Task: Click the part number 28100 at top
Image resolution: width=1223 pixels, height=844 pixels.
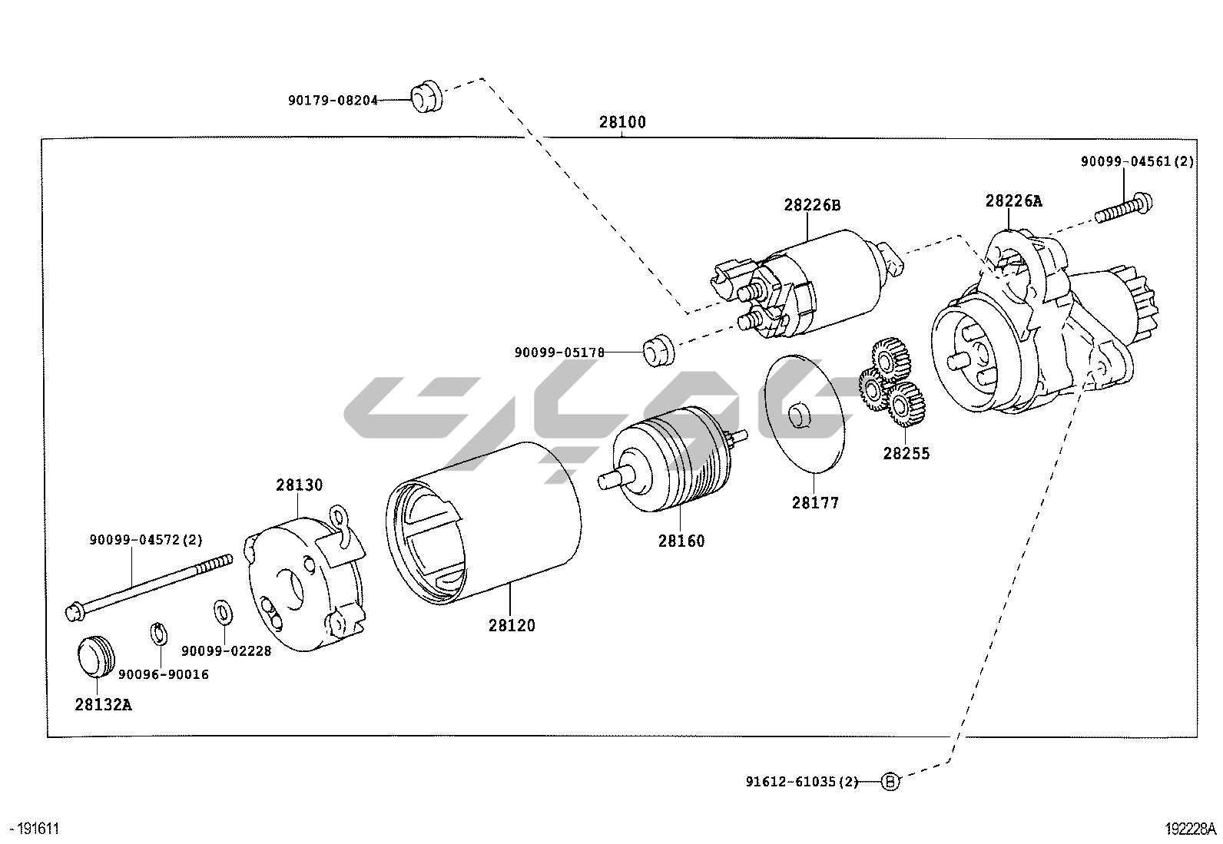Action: tap(622, 122)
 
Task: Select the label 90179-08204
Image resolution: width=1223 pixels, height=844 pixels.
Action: tap(333, 101)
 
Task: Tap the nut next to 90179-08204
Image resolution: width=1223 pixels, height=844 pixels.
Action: tap(426, 96)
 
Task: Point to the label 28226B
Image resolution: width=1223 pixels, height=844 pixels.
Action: tap(812, 205)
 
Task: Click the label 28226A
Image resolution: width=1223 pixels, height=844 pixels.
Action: tap(1014, 201)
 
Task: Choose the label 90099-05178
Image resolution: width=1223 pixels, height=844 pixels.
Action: tap(559, 352)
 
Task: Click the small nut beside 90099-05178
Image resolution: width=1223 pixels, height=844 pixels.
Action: tap(658, 349)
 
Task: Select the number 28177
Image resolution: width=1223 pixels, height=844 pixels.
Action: tap(815, 503)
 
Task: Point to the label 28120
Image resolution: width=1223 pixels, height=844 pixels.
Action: tap(512, 625)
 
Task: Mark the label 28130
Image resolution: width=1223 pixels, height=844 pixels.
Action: tap(300, 485)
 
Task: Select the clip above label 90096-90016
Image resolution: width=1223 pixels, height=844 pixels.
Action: tap(158, 634)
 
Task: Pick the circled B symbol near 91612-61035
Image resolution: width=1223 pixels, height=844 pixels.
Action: tap(890, 782)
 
